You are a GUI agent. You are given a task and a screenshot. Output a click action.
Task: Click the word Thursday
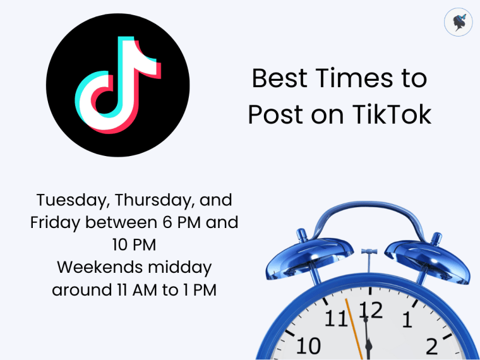(156, 201)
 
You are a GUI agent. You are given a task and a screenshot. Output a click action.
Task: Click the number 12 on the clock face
(371, 309)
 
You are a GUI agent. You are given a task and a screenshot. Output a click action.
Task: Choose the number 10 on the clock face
(308, 345)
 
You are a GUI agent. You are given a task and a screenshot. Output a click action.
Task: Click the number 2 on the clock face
(432, 345)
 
